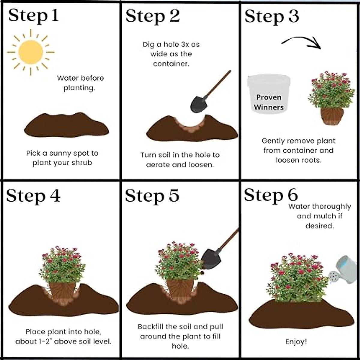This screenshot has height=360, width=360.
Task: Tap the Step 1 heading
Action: [x=33, y=15]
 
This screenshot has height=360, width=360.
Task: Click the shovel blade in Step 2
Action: [x=199, y=103]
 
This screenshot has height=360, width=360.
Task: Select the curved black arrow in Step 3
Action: [x=301, y=42]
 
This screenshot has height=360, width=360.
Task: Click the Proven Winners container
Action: [x=268, y=94]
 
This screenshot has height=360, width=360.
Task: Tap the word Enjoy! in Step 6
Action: [x=296, y=342]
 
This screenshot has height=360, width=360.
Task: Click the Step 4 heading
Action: [x=33, y=196]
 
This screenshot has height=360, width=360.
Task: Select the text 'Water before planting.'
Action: [x=80, y=83]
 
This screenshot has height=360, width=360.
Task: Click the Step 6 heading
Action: [x=271, y=195]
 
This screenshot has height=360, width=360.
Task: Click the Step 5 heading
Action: [x=152, y=196]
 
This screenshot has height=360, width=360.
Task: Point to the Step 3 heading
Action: [x=271, y=16]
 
